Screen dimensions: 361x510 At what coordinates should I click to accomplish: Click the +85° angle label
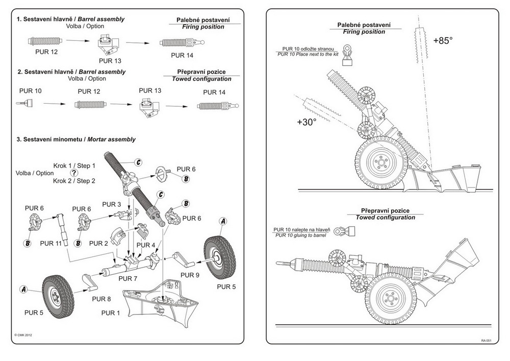point(442,41)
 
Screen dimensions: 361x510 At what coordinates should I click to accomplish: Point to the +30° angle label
point(307,123)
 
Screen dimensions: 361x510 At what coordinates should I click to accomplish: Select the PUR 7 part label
point(127,279)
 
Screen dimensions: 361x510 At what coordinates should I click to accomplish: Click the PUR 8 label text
point(101,298)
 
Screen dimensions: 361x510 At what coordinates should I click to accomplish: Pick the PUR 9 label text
point(190,275)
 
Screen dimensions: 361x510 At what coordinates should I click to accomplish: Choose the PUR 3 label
point(112,204)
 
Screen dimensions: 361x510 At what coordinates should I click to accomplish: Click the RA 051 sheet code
point(486,340)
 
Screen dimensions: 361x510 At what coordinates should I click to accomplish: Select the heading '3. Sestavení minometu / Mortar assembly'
point(76,139)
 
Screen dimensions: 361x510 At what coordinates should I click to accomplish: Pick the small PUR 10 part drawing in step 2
point(27,103)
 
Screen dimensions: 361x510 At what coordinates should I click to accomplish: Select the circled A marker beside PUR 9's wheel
point(222,221)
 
